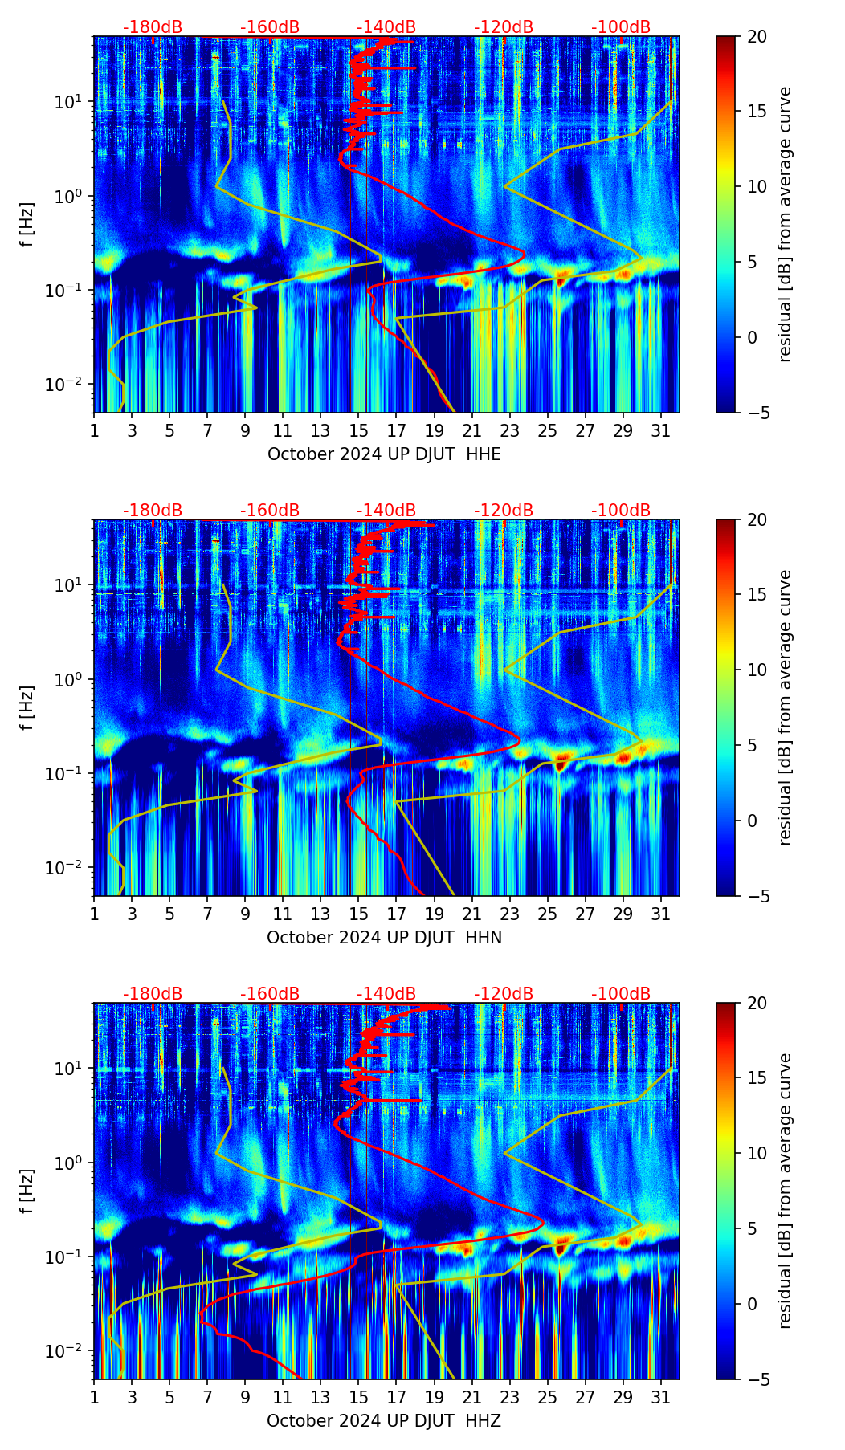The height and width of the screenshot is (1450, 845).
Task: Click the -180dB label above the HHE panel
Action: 153,27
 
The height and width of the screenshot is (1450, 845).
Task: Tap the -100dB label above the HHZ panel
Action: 621,994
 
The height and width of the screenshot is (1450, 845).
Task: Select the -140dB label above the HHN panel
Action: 386,511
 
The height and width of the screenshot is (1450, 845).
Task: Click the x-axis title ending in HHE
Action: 384,454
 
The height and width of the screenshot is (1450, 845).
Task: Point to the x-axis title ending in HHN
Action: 384,938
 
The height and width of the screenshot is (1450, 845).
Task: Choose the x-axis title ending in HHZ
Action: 384,1421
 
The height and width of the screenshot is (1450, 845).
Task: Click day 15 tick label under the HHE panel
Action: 358,431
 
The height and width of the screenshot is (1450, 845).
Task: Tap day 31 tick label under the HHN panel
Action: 660,914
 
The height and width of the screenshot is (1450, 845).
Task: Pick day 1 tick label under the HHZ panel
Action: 94,1398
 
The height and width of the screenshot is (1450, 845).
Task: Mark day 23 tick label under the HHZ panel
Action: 509,1398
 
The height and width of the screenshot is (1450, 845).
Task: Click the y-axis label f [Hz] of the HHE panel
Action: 27,224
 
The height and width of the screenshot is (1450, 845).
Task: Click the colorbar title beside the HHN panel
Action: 786,707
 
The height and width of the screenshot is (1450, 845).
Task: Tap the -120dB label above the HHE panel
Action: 504,27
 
